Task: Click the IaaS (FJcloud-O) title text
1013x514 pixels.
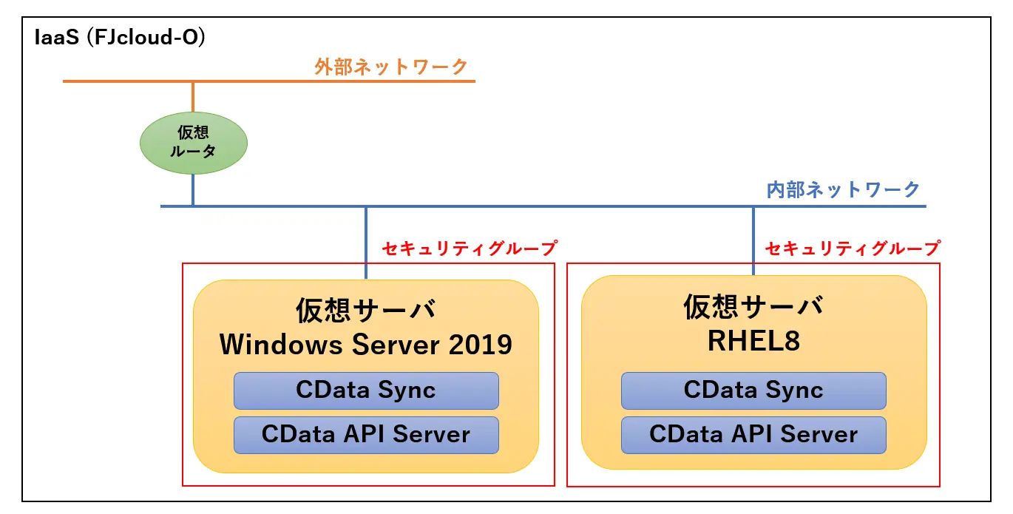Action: pos(120,37)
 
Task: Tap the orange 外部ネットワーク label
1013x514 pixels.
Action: pos(391,67)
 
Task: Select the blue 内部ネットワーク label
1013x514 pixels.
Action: pos(844,189)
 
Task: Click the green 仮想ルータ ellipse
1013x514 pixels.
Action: pos(194,143)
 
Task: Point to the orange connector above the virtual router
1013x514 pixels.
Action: pos(193,97)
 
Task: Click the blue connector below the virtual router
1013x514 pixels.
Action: pos(193,189)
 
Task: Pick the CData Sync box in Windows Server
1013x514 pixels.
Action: pos(366,390)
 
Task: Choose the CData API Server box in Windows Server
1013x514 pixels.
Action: pos(366,435)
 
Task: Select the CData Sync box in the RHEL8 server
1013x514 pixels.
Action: pos(754,390)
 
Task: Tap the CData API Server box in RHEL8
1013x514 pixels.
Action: pos(754,435)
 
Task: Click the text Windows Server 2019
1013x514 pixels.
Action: pos(366,345)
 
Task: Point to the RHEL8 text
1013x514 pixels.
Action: pos(754,341)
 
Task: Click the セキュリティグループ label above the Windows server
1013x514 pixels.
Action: pos(470,248)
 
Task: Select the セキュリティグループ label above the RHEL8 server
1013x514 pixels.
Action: pos(853,248)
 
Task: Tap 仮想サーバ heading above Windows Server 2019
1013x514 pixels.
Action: pos(366,311)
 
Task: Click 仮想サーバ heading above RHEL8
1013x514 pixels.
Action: pos(753,307)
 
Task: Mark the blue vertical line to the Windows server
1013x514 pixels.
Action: pos(366,243)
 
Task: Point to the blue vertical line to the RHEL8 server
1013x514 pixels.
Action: pos(753,241)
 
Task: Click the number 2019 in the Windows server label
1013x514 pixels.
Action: pos(481,345)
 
